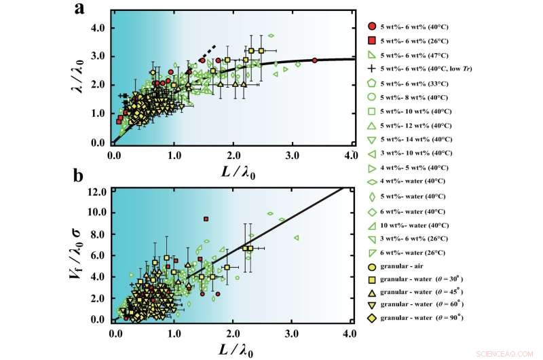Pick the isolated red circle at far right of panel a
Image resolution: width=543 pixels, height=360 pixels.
(x=314, y=60)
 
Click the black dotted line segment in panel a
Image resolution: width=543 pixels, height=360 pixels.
(x=206, y=52)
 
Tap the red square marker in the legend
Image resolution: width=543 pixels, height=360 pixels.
(x=372, y=41)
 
